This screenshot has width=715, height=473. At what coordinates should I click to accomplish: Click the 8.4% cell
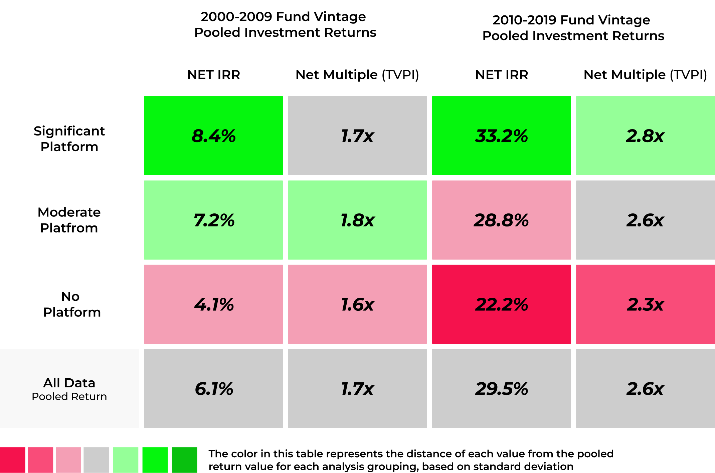(x=213, y=136)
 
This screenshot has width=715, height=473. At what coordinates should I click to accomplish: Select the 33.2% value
(x=501, y=136)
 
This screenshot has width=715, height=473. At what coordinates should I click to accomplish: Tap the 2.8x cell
(x=645, y=136)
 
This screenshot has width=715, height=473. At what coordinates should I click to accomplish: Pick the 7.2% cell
(x=213, y=220)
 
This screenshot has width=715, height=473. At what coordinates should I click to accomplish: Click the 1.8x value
(x=357, y=220)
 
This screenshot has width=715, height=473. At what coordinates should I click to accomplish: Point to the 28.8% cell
(x=501, y=220)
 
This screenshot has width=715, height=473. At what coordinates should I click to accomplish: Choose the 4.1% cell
(x=213, y=304)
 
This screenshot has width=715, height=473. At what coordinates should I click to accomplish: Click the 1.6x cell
(x=357, y=304)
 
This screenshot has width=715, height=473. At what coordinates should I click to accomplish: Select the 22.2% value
(x=501, y=304)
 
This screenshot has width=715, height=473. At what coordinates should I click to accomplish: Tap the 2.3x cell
(x=645, y=304)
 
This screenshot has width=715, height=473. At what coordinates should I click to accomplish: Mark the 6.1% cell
(x=213, y=389)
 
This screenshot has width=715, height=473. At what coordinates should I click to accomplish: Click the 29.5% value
(x=501, y=389)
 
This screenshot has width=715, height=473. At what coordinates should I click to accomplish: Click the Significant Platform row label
(x=69, y=138)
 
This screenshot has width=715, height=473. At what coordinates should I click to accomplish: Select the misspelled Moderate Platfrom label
(x=69, y=220)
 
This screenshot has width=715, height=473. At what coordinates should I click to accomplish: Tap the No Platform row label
(x=71, y=304)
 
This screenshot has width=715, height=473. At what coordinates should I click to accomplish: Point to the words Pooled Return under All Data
(x=69, y=396)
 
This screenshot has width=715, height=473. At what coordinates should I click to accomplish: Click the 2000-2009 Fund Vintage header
(x=285, y=24)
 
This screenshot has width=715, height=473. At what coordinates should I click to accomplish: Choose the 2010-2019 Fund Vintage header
(x=573, y=27)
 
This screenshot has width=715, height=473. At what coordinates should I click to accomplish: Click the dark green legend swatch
(x=184, y=460)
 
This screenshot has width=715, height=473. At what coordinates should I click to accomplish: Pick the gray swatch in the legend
(x=96, y=460)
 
